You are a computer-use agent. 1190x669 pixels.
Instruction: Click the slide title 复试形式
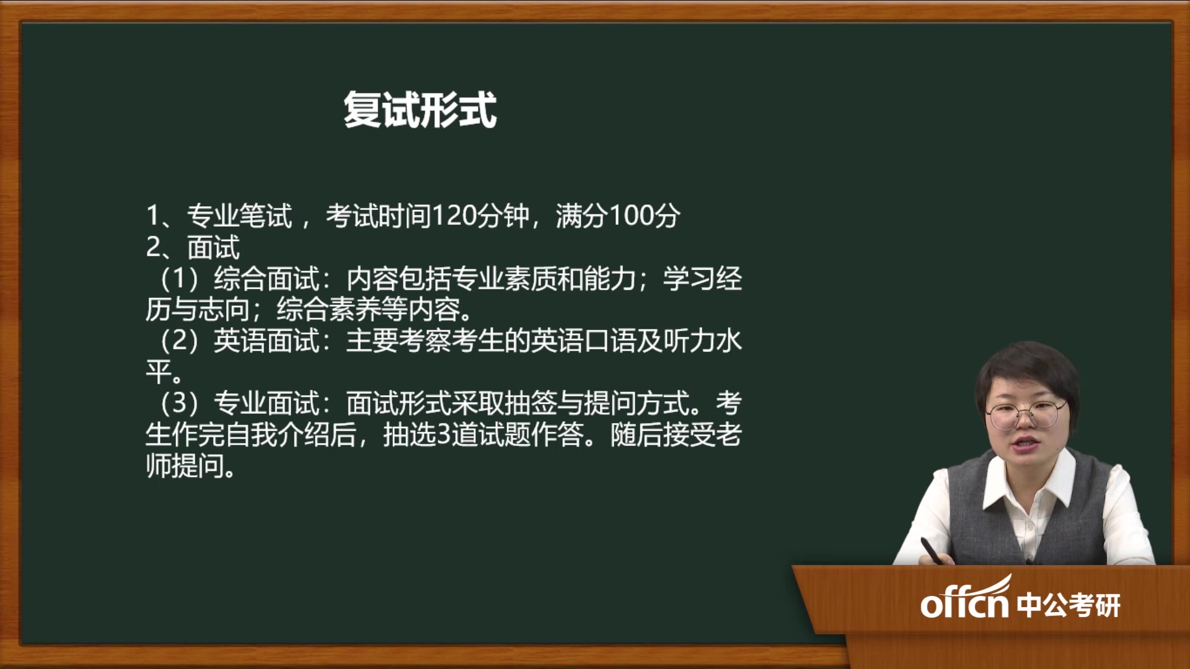420,110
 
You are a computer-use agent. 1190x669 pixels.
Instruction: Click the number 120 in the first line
454,216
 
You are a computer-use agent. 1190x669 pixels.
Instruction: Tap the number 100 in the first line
631,216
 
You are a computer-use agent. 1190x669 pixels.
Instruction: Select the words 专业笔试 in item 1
239,216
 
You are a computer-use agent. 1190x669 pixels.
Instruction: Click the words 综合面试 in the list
267,279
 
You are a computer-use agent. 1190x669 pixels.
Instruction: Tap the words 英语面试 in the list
267,341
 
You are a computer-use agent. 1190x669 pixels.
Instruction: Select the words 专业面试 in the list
267,404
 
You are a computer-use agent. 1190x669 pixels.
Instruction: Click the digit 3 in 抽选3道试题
443,435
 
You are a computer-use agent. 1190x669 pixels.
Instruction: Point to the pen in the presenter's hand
933,551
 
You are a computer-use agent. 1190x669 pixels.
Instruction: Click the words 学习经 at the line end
702,279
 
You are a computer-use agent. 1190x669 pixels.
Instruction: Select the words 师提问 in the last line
185,466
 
